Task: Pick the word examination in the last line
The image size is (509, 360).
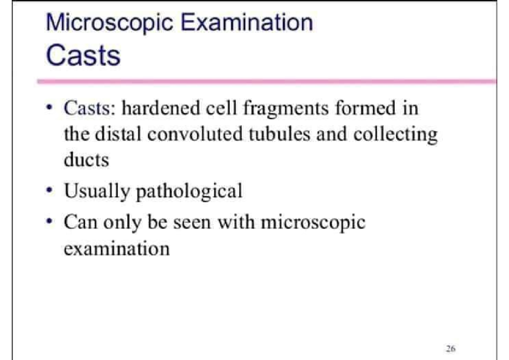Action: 116,248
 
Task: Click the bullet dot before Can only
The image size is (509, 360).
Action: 50,222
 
